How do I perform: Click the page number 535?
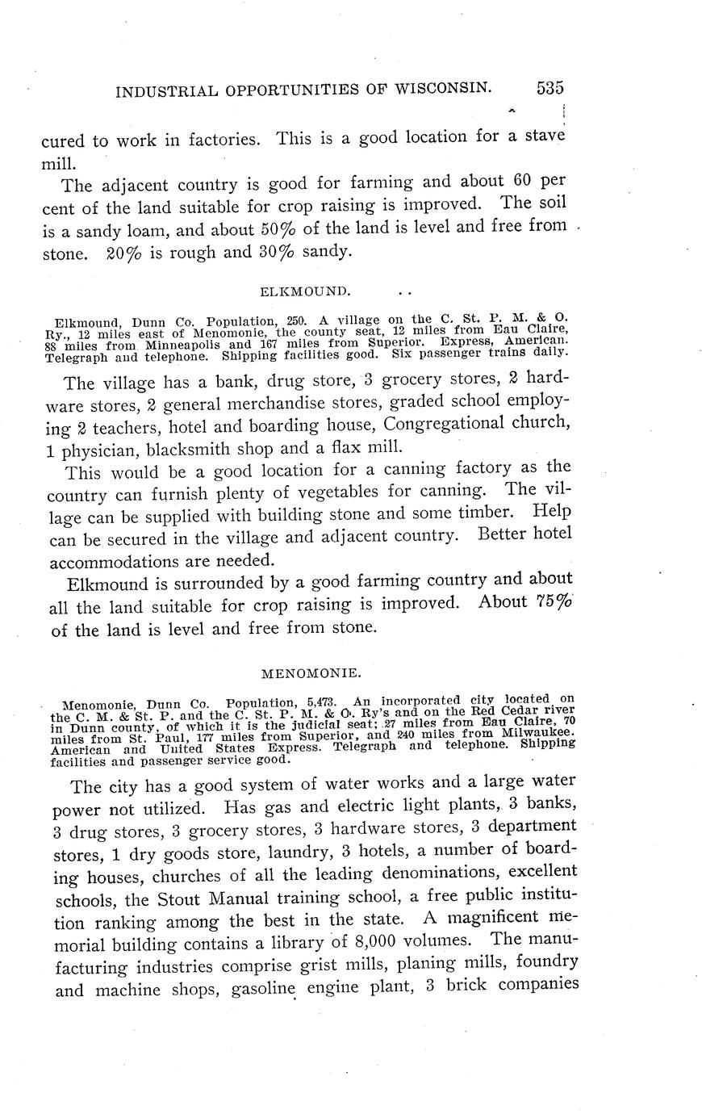click(548, 88)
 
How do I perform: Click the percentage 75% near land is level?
click(554, 603)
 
